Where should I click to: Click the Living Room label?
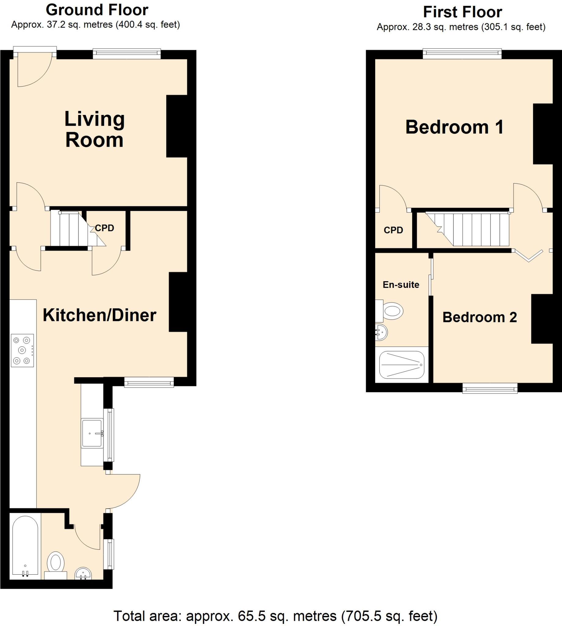[x=94, y=129]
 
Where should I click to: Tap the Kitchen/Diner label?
[x=99, y=315]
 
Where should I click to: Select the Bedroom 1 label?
[x=454, y=127]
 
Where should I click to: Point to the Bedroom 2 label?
[x=479, y=317]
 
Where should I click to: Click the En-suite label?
[x=401, y=285]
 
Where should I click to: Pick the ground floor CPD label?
[x=104, y=228]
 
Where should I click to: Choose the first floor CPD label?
[x=393, y=230]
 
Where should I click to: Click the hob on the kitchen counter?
[x=22, y=350]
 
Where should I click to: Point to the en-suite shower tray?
[x=401, y=365]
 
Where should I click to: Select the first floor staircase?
[x=472, y=229]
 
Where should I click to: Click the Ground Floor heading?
[x=97, y=10]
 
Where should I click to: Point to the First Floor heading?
[x=462, y=12]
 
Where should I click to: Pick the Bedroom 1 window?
[x=462, y=54]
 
